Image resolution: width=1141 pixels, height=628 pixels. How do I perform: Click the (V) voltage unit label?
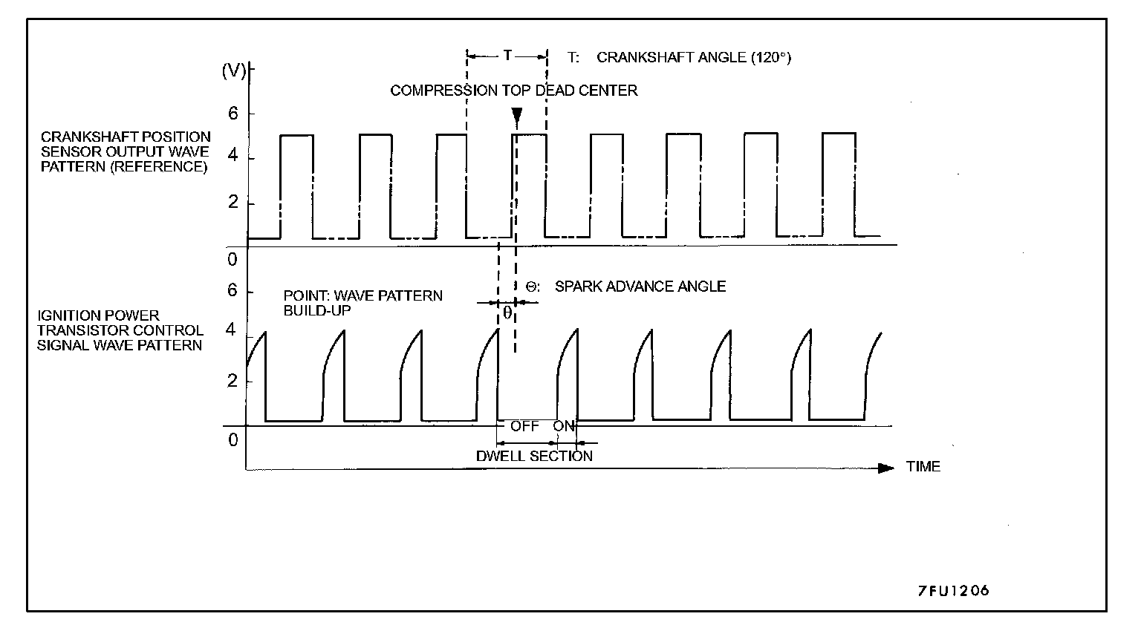click(234, 71)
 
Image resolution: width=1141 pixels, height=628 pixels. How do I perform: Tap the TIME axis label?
click(923, 467)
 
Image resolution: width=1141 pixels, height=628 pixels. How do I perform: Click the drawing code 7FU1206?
click(953, 591)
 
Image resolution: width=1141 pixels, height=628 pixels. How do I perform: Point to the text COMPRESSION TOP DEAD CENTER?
click(513, 91)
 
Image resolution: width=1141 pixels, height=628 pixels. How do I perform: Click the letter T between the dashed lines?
click(507, 56)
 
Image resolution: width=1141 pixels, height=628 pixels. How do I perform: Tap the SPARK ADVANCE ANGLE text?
click(640, 287)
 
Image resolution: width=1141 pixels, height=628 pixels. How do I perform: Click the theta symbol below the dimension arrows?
click(507, 313)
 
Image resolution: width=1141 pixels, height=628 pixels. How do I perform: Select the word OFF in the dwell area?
click(524, 427)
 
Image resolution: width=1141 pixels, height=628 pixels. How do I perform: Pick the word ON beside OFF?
click(564, 427)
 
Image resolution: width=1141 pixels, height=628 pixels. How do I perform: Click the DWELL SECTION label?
click(534, 456)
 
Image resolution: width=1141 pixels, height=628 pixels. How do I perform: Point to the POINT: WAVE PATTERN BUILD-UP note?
click(363, 303)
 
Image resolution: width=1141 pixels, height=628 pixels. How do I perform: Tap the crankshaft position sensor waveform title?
click(125, 151)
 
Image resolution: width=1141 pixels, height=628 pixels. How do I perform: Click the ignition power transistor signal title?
click(120, 330)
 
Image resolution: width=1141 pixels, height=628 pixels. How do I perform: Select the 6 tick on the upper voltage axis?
click(233, 114)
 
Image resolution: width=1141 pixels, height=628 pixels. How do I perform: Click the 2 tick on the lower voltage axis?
click(231, 382)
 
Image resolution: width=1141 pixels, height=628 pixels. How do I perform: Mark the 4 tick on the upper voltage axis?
click(233, 158)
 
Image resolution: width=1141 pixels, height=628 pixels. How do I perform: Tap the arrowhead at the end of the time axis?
click(885, 468)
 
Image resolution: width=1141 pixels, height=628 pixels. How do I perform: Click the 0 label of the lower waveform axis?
click(233, 440)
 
